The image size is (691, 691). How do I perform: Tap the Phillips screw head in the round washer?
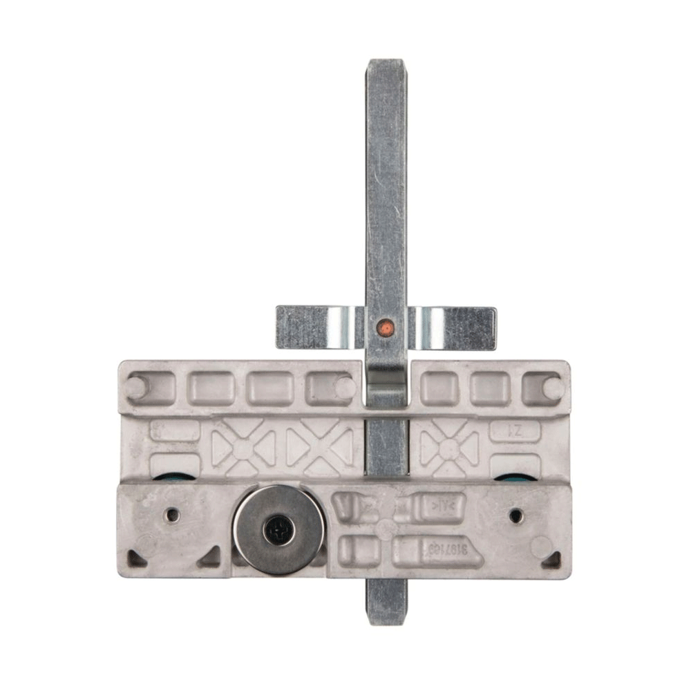(278, 530)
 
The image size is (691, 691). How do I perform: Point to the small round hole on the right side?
(515, 515)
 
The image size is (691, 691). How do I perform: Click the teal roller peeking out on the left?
(166, 477)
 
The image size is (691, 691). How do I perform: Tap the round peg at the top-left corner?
(135, 387)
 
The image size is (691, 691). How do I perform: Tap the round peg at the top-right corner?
(553, 388)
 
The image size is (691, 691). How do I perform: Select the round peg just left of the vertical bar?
(345, 388)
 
